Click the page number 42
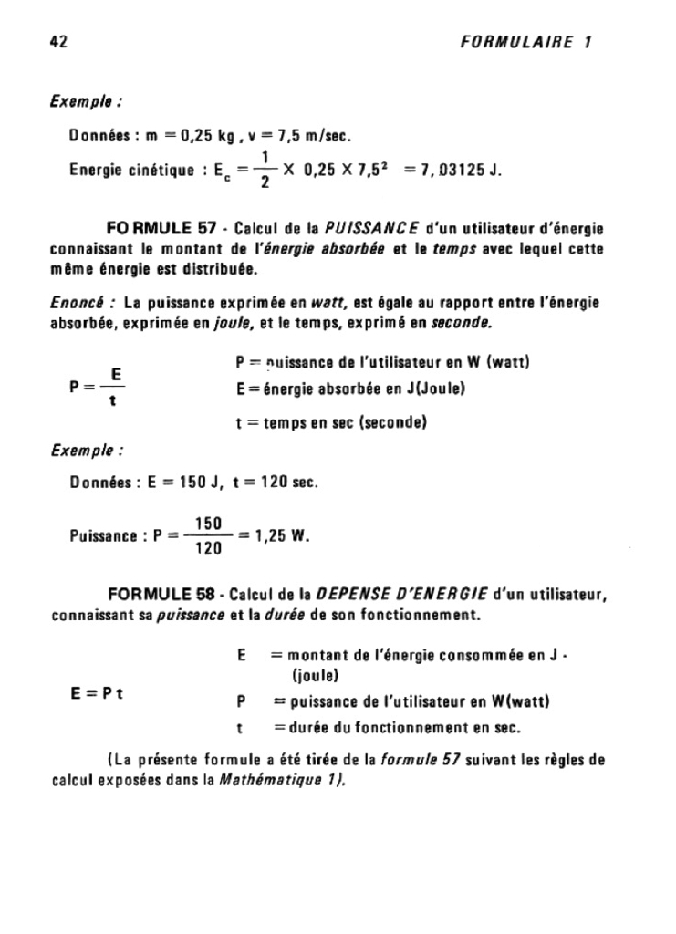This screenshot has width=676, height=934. (x=61, y=42)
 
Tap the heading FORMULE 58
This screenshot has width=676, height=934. (x=161, y=595)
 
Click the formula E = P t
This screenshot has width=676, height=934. (x=97, y=692)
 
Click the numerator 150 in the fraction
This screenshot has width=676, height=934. (x=209, y=522)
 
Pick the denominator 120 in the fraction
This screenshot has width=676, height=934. (x=209, y=549)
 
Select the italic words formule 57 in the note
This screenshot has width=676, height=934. (x=423, y=760)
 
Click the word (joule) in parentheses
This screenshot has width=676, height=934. (x=316, y=676)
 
